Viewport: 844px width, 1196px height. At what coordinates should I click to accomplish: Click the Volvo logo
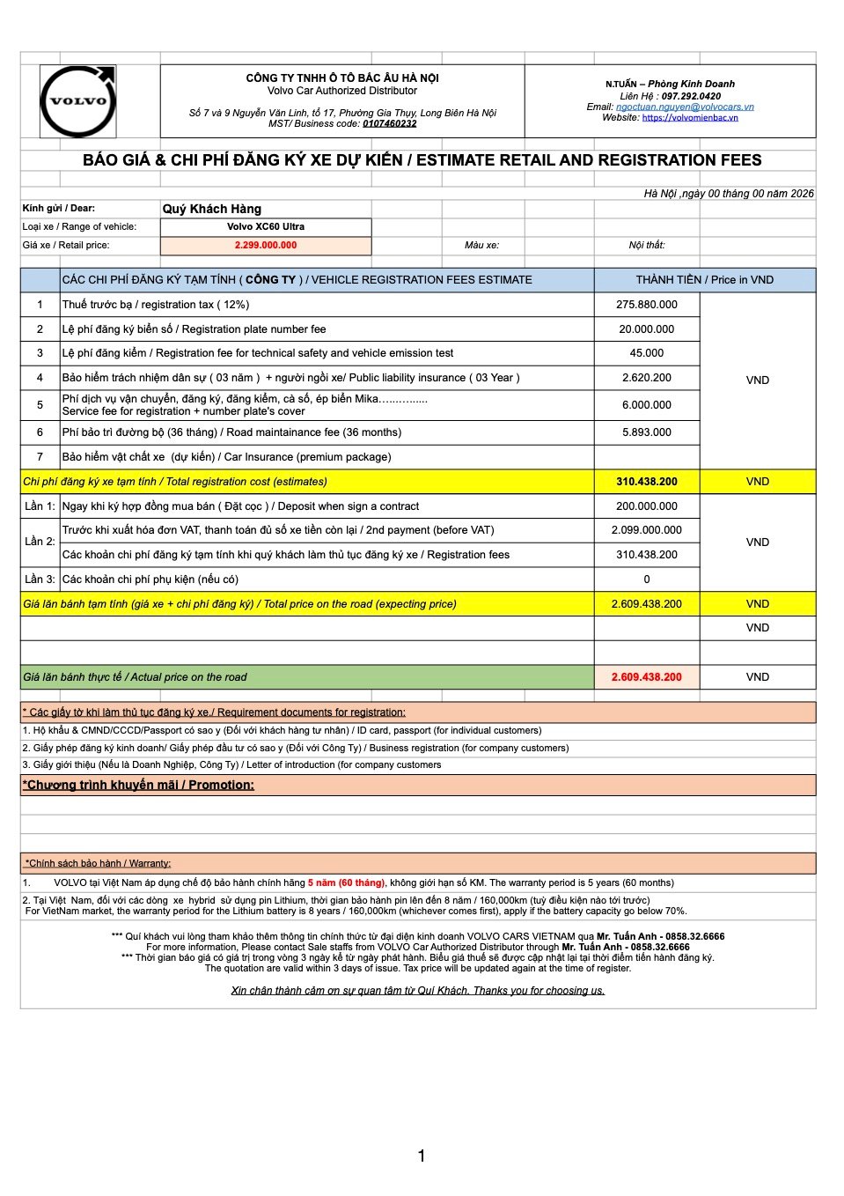(x=78, y=101)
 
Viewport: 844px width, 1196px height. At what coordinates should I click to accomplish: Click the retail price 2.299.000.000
(x=265, y=246)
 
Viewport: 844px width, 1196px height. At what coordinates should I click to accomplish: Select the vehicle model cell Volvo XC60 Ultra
(x=265, y=227)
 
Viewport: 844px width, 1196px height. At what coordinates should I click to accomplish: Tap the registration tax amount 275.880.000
(x=647, y=305)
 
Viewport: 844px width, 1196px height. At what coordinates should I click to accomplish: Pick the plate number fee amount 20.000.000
(x=647, y=329)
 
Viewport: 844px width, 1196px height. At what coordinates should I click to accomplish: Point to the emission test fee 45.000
(x=647, y=353)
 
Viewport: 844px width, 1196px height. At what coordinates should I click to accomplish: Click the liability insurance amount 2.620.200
(x=647, y=378)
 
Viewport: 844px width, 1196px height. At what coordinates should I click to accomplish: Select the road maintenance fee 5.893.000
(x=647, y=432)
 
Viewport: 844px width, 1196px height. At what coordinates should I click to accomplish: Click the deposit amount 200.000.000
(x=647, y=506)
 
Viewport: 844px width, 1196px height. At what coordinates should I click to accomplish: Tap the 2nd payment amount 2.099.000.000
(x=647, y=530)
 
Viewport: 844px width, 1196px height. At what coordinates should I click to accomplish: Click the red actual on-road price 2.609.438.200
(x=647, y=677)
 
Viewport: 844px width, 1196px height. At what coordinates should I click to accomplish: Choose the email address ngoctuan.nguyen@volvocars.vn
(x=685, y=107)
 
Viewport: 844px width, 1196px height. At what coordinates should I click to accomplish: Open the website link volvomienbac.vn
(x=690, y=117)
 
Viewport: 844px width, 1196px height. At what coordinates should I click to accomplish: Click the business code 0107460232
(x=390, y=123)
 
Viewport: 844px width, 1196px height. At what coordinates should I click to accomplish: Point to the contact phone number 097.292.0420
(x=691, y=96)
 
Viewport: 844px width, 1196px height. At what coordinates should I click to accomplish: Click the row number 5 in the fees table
(x=40, y=405)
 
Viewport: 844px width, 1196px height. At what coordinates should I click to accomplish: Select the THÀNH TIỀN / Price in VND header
(x=704, y=280)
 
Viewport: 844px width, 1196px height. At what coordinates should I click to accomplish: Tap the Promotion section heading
(x=138, y=785)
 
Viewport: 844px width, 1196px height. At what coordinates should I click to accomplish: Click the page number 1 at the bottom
(x=422, y=1155)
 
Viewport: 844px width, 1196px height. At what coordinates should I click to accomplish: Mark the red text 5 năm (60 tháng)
(x=346, y=882)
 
